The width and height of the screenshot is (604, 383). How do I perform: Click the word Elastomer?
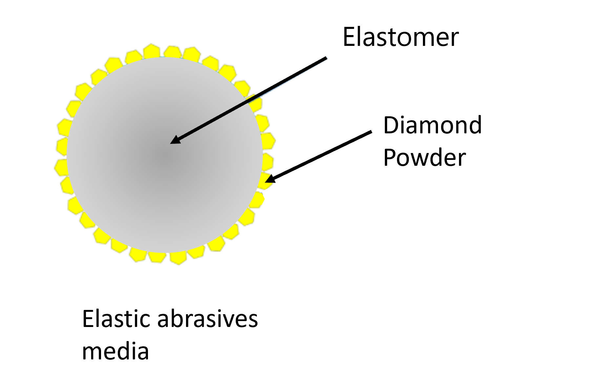[401, 37]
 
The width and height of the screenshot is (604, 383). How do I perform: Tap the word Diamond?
[432, 125]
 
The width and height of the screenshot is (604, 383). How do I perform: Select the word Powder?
[425, 158]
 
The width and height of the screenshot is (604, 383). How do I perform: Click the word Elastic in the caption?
[117, 318]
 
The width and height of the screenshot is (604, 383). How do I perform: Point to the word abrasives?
[208, 318]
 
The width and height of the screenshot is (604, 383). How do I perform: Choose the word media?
[115, 351]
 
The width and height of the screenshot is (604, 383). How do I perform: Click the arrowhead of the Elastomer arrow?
[176, 140]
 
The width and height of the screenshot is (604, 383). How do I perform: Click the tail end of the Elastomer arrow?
[326, 58]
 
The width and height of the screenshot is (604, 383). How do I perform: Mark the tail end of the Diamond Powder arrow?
[371, 132]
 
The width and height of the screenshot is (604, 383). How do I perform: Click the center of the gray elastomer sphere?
[165, 155]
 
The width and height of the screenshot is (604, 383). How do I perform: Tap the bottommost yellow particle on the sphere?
[178, 258]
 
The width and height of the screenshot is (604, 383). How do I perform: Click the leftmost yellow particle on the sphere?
[61, 167]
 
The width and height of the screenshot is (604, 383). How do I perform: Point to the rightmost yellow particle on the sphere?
[269, 141]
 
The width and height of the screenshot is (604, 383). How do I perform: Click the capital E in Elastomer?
[349, 37]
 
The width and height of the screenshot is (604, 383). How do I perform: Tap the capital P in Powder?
[390, 158]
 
